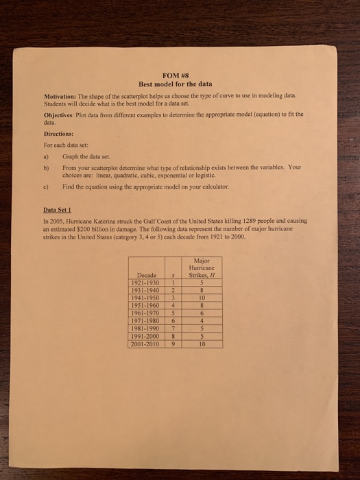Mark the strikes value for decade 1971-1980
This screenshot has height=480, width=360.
coord(200,320)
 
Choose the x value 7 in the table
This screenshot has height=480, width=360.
coord(174,328)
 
